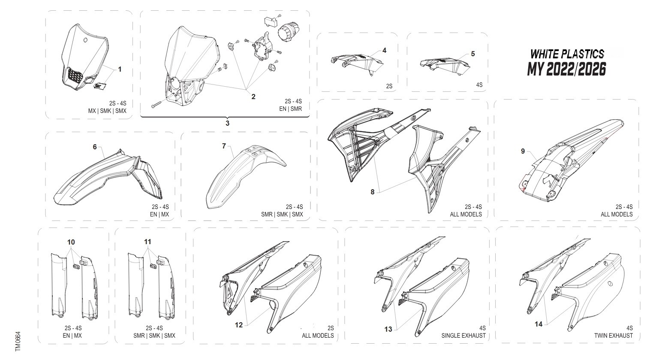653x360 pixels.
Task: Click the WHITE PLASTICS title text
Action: tap(567, 54)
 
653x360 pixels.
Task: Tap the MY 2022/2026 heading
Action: tap(566, 69)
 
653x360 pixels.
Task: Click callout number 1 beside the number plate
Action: tap(120, 69)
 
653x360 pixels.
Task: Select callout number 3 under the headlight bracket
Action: tap(227, 123)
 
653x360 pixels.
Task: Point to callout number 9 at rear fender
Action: tap(523, 151)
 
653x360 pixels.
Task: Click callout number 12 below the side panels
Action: tap(239, 325)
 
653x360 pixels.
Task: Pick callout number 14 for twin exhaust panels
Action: tap(538, 324)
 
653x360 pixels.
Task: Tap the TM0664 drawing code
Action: tap(18, 341)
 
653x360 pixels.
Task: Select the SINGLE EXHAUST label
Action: tap(463, 336)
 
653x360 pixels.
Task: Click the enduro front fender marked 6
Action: tap(107, 178)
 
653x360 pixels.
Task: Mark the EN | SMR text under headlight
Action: tap(290, 109)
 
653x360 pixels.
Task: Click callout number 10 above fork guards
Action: tap(71, 242)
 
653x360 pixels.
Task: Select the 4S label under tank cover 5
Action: tap(479, 85)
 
